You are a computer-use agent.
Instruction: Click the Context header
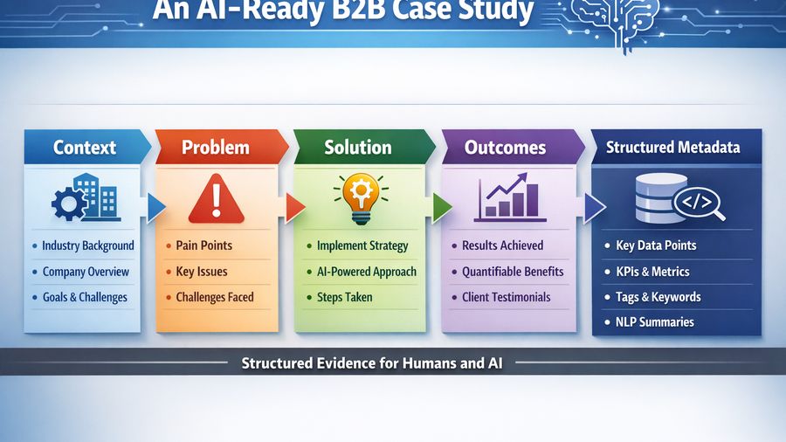(x=85, y=147)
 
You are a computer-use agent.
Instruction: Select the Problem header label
(x=215, y=147)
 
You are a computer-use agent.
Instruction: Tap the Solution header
(x=357, y=147)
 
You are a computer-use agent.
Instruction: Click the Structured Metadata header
(x=673, y=147)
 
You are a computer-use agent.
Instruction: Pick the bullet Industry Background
(x=87, y=245)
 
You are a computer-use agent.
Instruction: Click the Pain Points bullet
(x=203, y=245)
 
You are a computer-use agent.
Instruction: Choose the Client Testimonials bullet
(x=506, y=297)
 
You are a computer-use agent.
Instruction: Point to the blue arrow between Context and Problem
(x=156, y=206)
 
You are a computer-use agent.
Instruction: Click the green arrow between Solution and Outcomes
(x=442, y=207)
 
